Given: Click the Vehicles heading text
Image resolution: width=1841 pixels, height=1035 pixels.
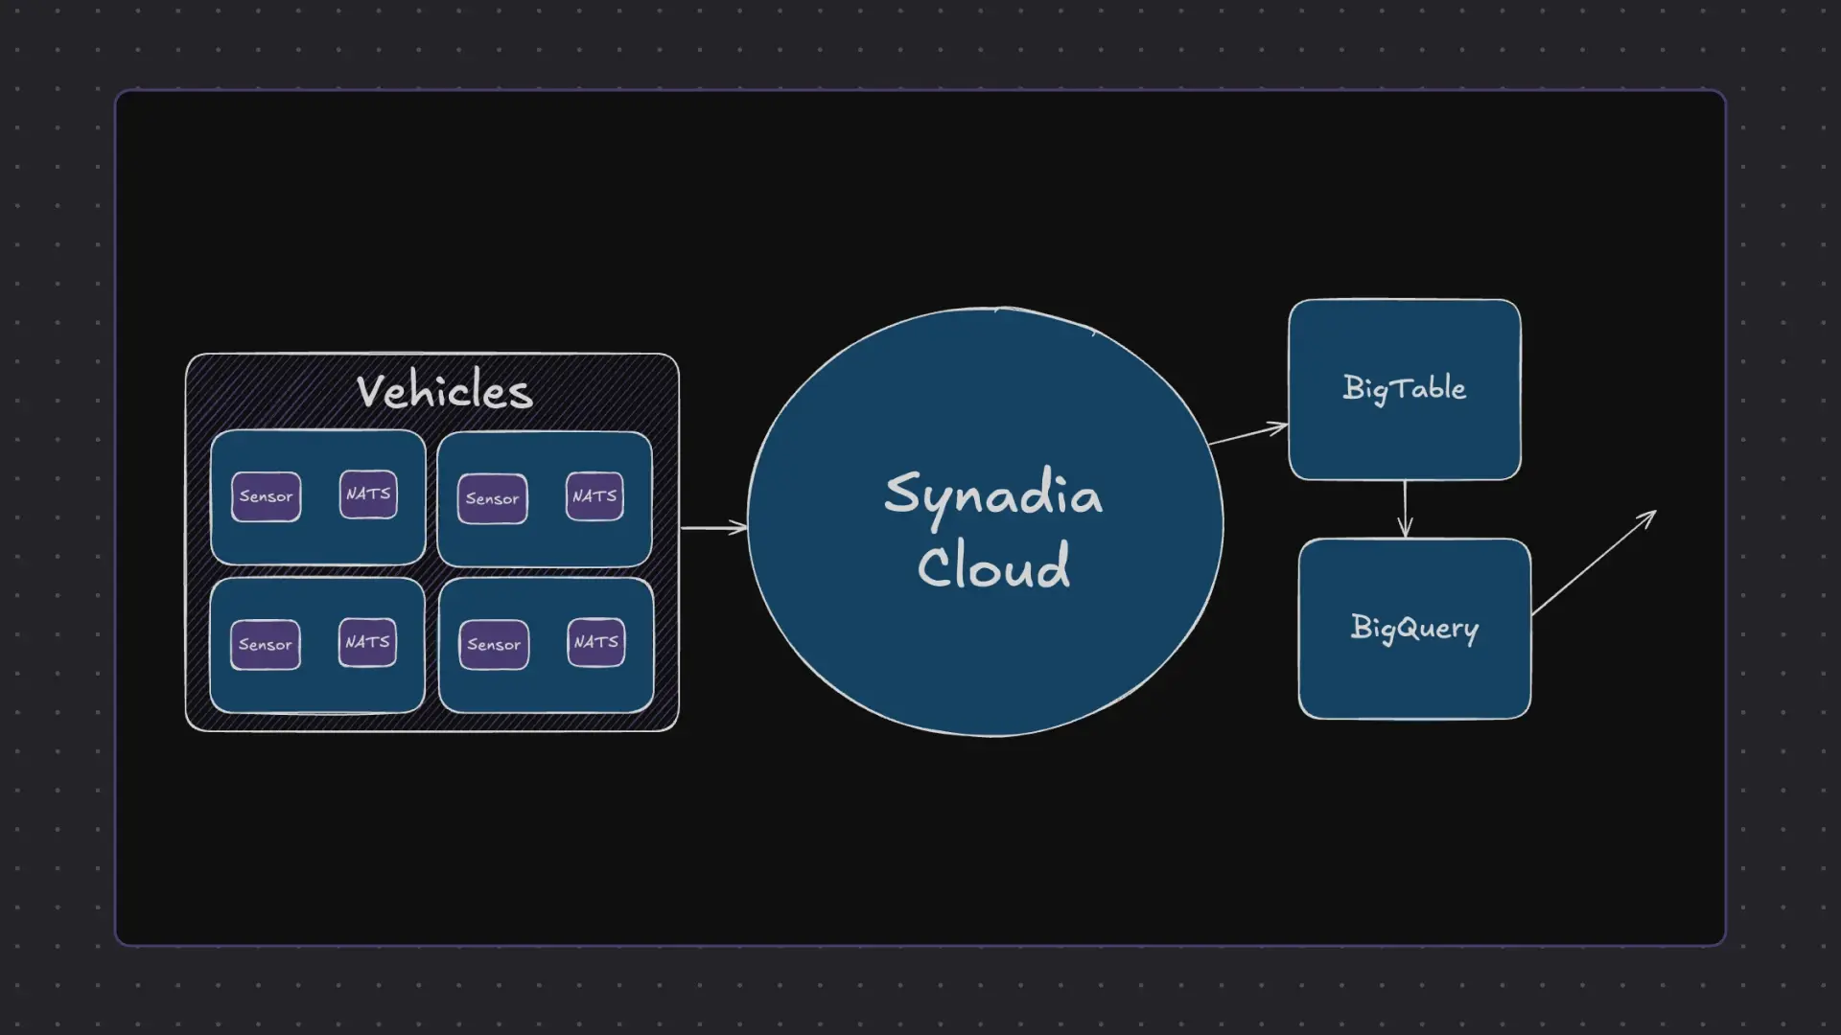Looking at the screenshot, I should point(444,391).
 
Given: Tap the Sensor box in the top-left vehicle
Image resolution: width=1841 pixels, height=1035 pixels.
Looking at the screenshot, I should point(266,496).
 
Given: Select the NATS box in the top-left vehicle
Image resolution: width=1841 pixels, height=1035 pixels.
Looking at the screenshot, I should point(368,494).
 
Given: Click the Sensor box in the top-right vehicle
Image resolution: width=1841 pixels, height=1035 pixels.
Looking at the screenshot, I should point(492,498).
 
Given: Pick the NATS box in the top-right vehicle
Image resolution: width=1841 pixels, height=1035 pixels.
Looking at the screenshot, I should point(594,496).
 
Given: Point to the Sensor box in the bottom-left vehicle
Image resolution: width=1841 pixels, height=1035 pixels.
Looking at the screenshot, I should point(265,644).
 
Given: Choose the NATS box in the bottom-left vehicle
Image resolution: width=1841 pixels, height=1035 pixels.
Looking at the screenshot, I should point(367,642).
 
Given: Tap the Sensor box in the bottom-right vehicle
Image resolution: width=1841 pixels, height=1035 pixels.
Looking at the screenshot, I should point(494,645).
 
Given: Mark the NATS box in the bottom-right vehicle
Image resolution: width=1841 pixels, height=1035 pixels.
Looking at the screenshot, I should point(595,642).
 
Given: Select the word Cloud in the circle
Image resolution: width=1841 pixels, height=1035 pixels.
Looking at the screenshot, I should point(993,565).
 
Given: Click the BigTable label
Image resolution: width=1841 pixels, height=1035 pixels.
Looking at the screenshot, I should point(1404,388).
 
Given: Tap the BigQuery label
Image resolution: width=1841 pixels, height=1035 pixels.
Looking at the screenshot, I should point(1414,628).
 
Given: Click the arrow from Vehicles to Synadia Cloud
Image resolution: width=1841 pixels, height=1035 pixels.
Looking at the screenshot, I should point(713,527).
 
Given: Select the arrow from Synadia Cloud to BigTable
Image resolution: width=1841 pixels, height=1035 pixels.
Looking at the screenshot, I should point(1247,435).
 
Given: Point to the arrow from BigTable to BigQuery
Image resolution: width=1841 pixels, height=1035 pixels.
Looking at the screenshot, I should point(1405,509).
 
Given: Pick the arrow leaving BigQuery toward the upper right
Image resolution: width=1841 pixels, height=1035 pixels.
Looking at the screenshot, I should point(1594,563).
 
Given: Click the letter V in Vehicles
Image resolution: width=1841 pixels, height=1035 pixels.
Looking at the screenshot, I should point(370,391).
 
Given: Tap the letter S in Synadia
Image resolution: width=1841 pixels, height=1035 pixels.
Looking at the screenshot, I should point(901,493).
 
